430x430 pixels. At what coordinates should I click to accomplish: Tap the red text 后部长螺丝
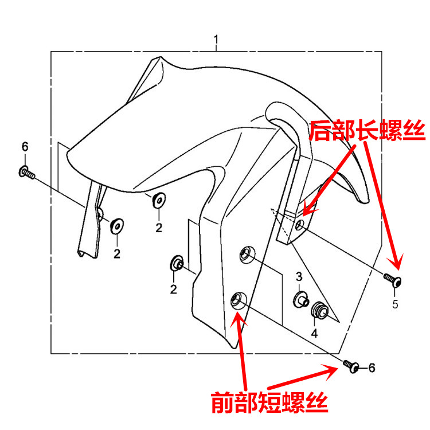(x=367, y=131)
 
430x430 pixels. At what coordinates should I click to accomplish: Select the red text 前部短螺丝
(x=268, y=402)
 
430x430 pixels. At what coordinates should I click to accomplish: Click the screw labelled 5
(x=393, y=280)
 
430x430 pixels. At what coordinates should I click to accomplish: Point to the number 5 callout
(x=395, y=304)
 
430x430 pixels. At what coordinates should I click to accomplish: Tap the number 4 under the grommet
(x=314, y=333)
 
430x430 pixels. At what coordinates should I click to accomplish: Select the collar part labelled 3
(x=300, y=299)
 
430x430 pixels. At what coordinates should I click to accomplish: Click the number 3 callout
(x=299, y=277)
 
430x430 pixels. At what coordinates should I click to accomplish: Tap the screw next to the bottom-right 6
(x=351, y=366)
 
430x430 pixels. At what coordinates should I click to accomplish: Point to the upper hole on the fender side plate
(x=246, y=252)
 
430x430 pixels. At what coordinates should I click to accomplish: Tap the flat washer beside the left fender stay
(x=116, y=225)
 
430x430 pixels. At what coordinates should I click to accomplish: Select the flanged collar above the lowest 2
(x=176, y=264)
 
